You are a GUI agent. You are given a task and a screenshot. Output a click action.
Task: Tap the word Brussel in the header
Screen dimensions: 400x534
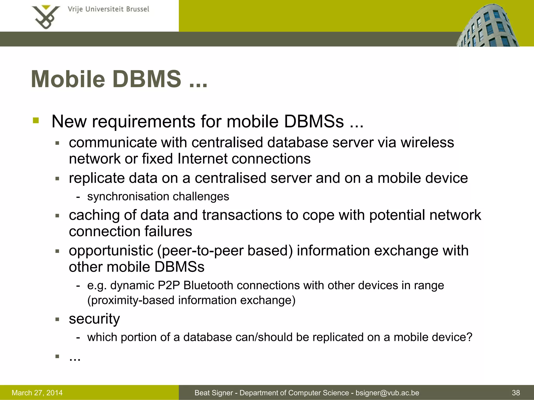coord(137,9)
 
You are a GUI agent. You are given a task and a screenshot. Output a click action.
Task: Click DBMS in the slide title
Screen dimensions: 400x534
coord(147,79)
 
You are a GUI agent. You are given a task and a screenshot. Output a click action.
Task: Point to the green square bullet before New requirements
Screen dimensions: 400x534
coord(36,121)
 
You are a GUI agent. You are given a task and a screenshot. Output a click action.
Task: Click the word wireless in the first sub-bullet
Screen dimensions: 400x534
coord(427,142)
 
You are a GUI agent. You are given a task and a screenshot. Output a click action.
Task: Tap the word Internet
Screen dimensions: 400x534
coord(202,159)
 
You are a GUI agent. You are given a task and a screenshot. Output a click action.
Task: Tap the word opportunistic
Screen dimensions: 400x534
coord(111,251)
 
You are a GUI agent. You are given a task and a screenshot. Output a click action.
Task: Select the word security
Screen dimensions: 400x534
coord(94,319)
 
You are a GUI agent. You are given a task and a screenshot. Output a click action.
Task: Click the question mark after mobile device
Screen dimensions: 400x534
coord(469,337)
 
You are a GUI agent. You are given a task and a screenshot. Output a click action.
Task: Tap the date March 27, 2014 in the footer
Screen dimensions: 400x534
coord(37,393)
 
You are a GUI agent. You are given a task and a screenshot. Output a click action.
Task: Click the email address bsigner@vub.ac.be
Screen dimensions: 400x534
coord(387,393)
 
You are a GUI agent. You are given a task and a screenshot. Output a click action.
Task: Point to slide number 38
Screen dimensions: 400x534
coord(516,393)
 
